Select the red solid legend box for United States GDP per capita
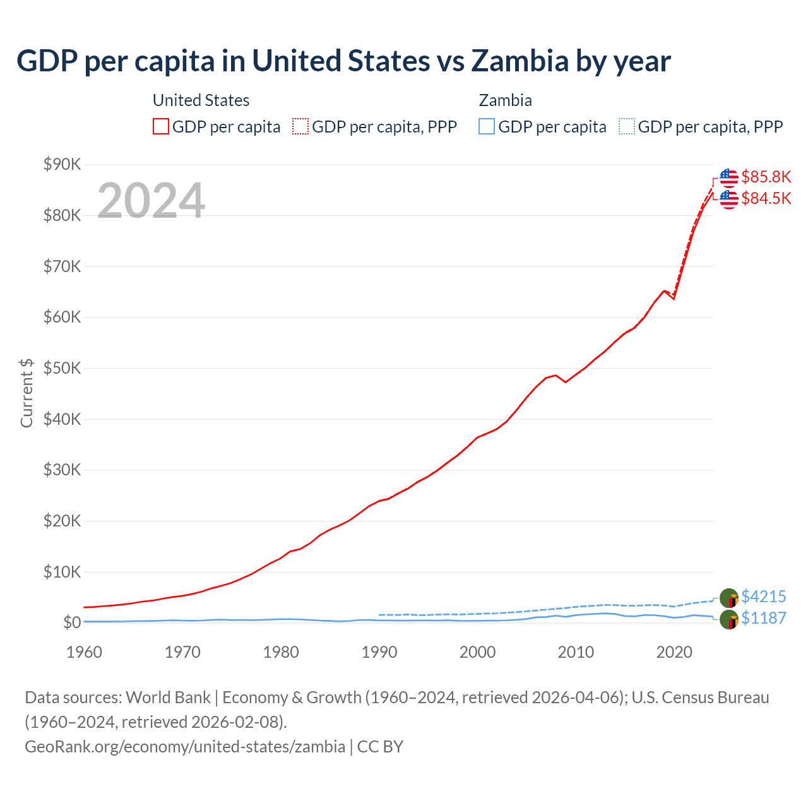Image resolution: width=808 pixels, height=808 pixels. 161,126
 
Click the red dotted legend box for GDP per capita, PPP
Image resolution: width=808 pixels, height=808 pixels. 300,126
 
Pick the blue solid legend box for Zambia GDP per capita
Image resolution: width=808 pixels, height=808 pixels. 486,126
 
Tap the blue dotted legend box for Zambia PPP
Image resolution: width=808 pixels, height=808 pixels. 627,126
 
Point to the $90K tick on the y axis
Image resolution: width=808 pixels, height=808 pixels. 62,165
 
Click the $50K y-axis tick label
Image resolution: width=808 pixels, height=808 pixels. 62,369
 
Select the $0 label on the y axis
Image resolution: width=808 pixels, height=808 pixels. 72,623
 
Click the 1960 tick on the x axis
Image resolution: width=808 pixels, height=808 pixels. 84,652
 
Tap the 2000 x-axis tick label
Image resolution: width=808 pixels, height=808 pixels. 477,652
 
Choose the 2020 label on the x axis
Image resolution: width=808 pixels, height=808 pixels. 674,652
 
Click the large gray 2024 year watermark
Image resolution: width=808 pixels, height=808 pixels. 151,201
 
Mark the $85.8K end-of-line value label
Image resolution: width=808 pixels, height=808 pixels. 766,177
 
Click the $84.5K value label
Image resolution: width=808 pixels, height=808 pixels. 766,198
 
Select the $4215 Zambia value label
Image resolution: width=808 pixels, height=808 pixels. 763,597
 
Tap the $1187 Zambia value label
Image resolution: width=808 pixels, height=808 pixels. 763,618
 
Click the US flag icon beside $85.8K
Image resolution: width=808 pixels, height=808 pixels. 728,177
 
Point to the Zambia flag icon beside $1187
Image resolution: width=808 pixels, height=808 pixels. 728,619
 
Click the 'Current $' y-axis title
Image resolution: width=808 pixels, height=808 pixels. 27,393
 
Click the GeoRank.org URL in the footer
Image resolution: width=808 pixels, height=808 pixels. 185,747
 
